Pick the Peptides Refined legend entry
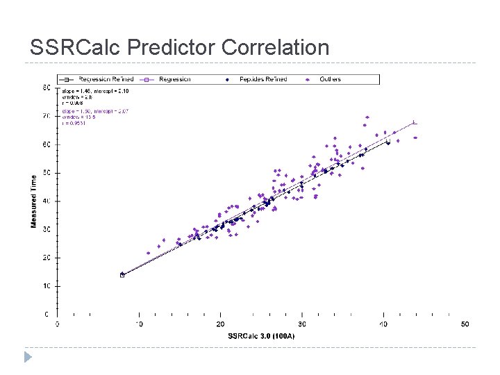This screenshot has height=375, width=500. pyautogui.click(x=262, y=80)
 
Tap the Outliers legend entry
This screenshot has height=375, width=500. pyautogui.click(x=330, y=80)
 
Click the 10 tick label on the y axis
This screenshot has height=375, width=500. pyautogui.click(x=46, y=286)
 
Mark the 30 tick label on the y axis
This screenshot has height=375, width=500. pyautogui.click(x=46, y=229)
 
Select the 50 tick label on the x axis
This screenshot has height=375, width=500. pyautogui.click(x=465, y=324)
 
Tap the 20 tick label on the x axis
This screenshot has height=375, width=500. pyautogui.click(x=220, y=324)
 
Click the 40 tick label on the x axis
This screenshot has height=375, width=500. pyautogui.click(x=383, y=324)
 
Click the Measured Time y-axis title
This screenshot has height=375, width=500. pyautogui.click(x=33, y=201)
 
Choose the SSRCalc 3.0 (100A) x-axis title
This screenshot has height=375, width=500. pyautogui.click(x=261, y=336)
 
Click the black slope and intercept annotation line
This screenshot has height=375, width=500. pyautogui.click(x=90, y=91)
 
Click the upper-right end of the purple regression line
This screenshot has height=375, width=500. pyautogui.click(x=415, y=123)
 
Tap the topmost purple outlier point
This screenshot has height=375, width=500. pyautogui.click(x=367, y=117)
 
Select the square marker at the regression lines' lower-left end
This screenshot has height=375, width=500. pyautogui.click(x=122, y=275)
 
